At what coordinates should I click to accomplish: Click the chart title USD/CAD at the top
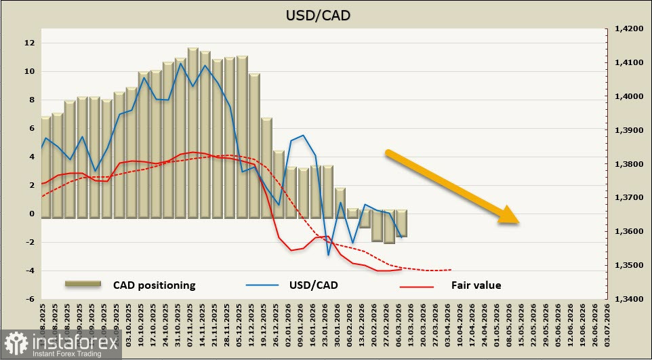pyautogui.click(x=327, y=15)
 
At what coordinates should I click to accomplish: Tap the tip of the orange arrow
pyautogui.click(x=518, y=222)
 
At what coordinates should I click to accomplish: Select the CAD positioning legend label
pyautogui.click(x=154, y=285)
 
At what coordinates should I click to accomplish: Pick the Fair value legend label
pyautogui.click(x=476, y=285)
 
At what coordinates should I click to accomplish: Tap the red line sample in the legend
pyautogui.click(x=416, y=286)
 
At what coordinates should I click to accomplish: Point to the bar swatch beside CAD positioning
pyautogui.click(x=83, y=284)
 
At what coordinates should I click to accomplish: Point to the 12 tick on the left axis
pyautogui.click(x=29, y=43)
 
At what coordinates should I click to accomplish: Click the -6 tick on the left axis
pyautogui.click(x=29, y=299)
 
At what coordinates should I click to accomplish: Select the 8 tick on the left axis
pyautogui.click(x=30, y=100)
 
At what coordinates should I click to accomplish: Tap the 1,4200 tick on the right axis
pyautogui.click(x=627, y=29)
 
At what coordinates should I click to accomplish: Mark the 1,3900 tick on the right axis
pyautogui.click(x=627, y=130)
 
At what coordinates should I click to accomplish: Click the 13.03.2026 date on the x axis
pyautogui.click(x=413, y=323)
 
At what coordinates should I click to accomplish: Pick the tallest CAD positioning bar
pyautogui.click(x=192, y=133)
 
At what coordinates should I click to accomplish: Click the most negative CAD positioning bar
pyautogui.click(x=389, y=230)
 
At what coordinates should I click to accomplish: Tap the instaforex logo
pyautogui.click(x=51, y=344)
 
